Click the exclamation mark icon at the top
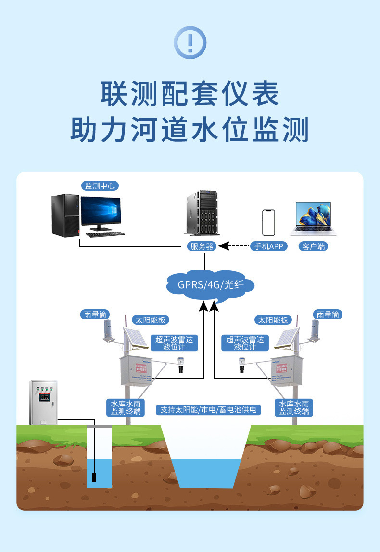pos(190,43)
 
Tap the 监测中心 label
pos(100,186)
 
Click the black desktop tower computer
pos(65,215)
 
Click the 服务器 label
pos(202,246)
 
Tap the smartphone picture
pos(268,222)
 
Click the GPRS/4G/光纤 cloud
pos(211,285)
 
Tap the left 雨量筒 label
pos(95,315)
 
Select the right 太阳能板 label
pos(273,319)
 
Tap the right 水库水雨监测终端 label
pos(293,407)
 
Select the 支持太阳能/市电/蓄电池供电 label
pos(209,410)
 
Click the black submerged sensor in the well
pos(95,478)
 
